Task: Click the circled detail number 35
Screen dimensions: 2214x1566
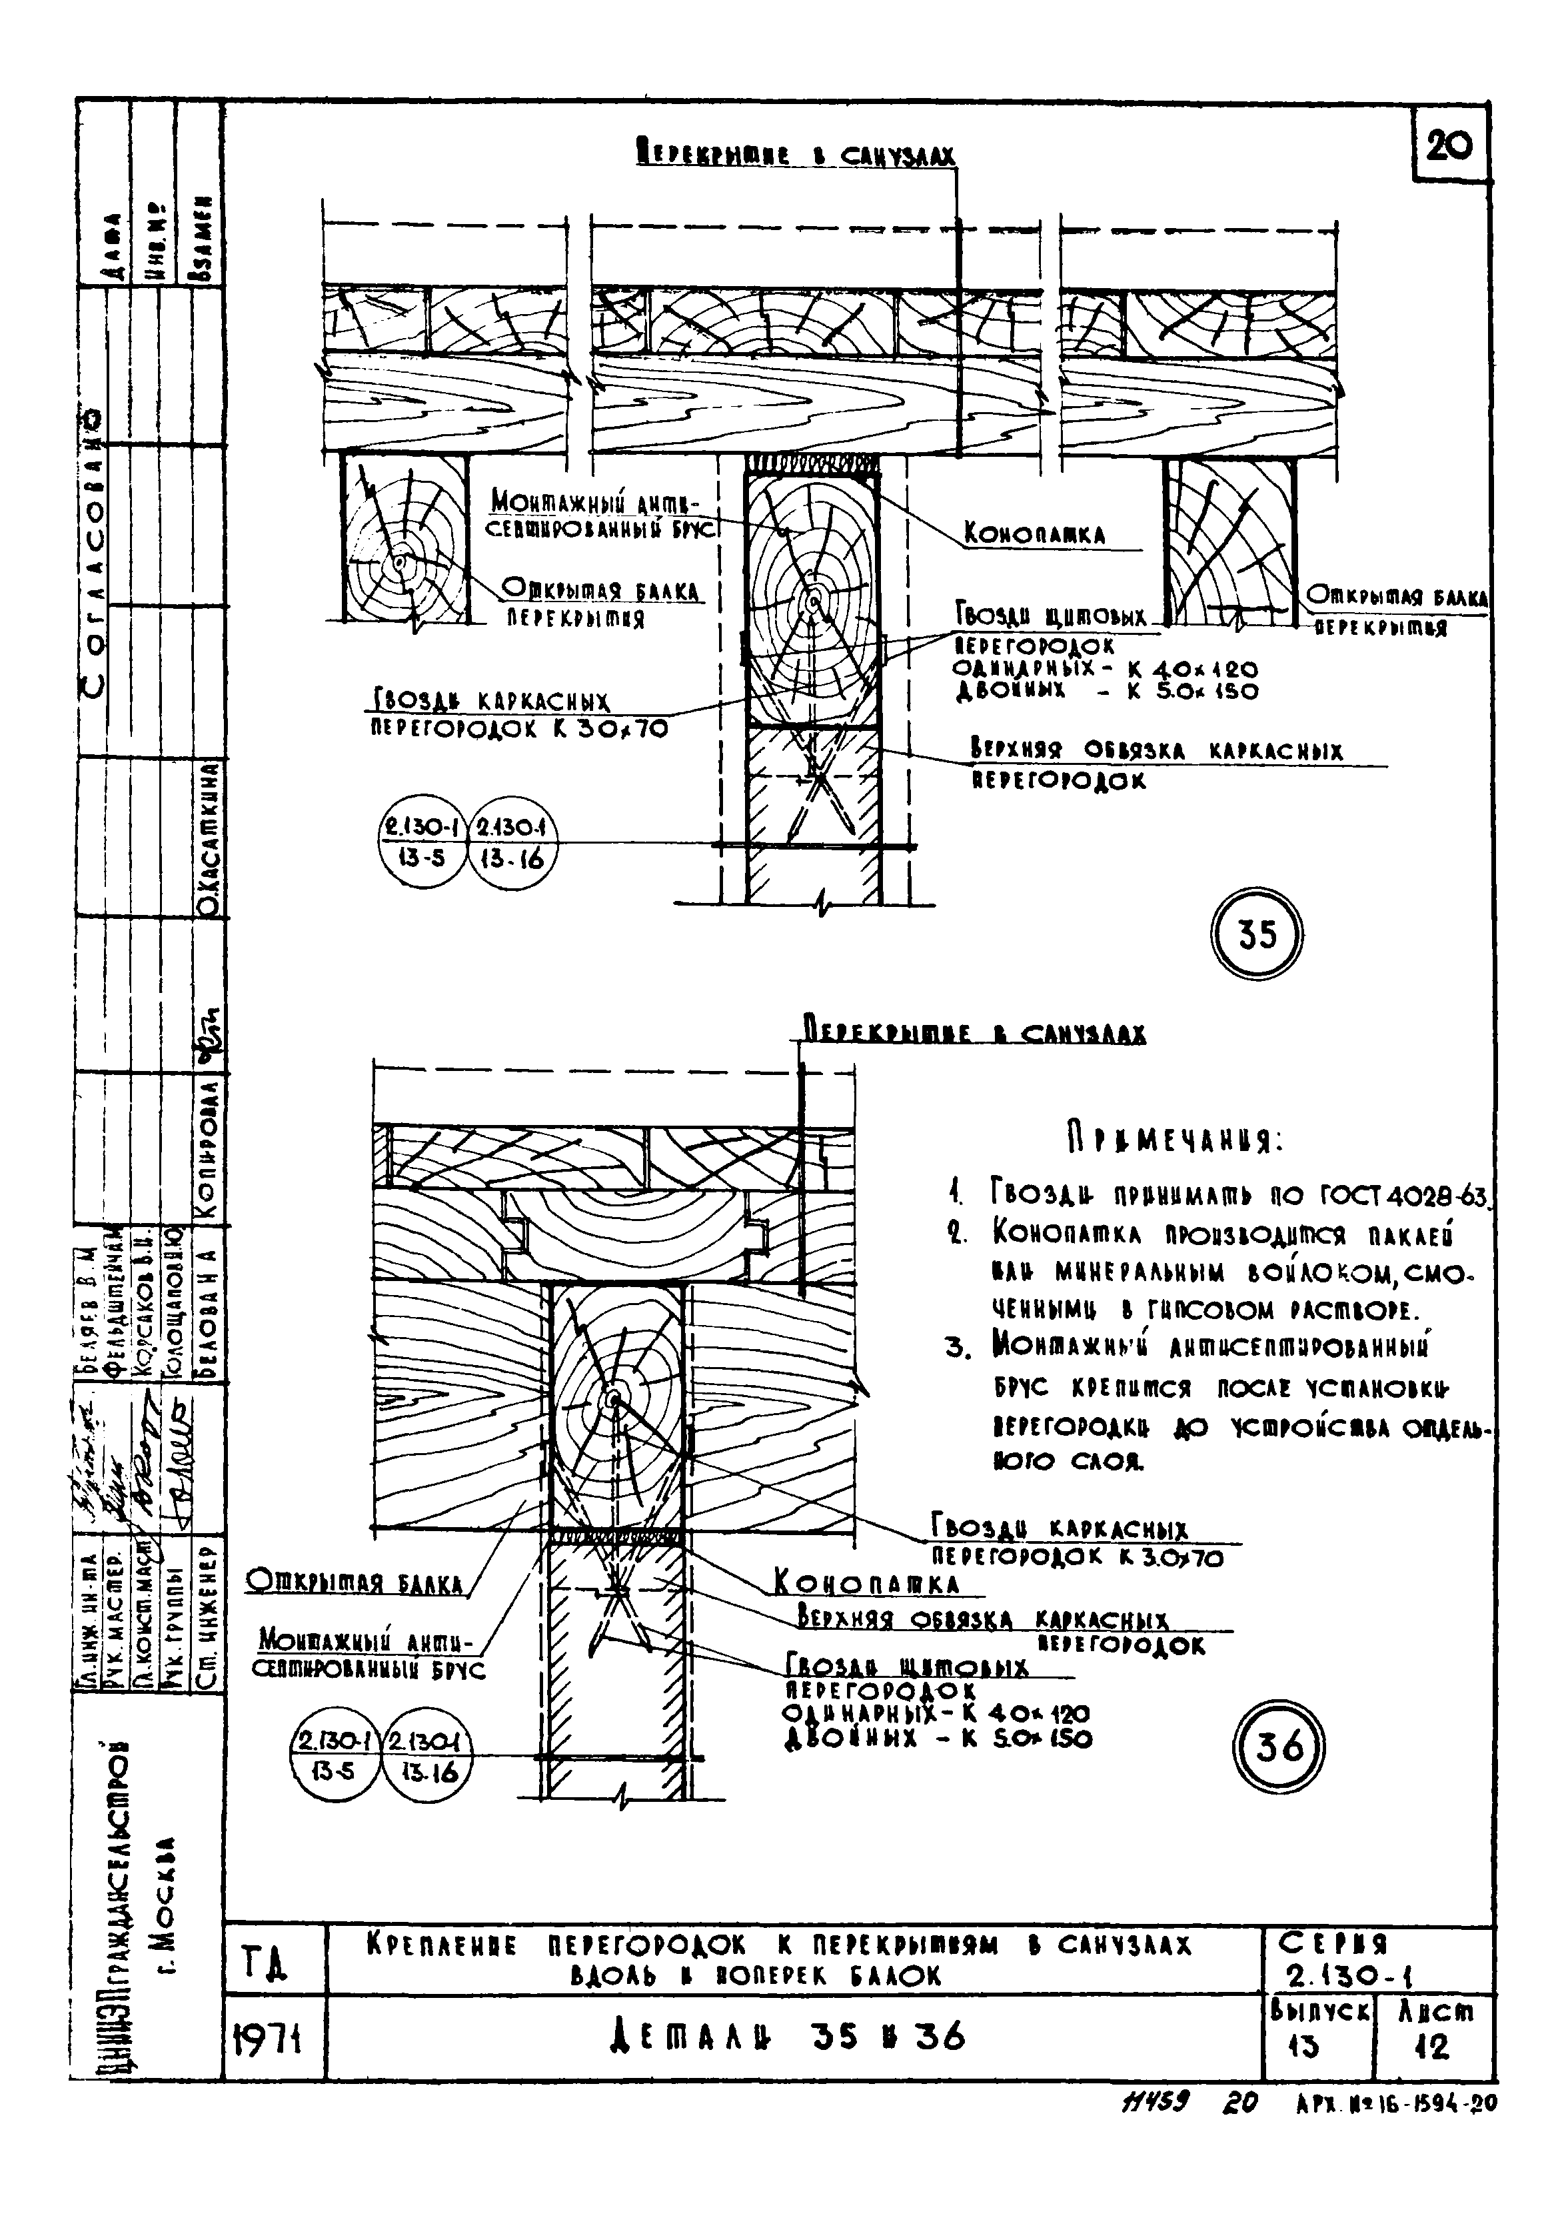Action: pos(1256,935)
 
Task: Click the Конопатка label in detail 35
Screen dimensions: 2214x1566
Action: pos(1035,534)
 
